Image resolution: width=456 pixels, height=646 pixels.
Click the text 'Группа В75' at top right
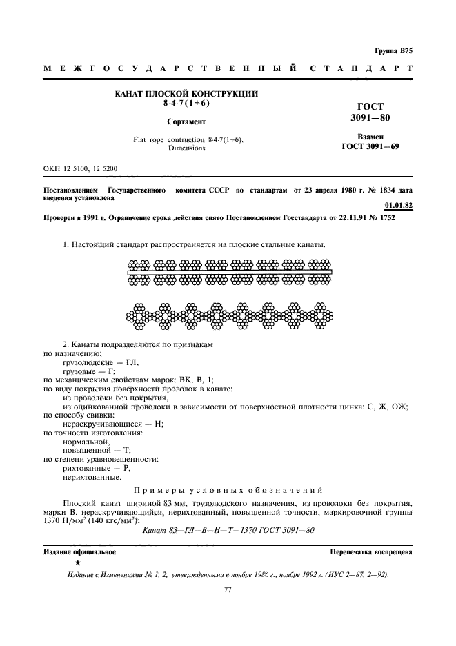393,51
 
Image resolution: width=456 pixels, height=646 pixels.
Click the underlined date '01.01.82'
397,205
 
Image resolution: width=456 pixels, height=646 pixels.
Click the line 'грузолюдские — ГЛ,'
101,362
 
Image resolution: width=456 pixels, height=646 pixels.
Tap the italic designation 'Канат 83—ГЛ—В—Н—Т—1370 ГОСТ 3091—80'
228,530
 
